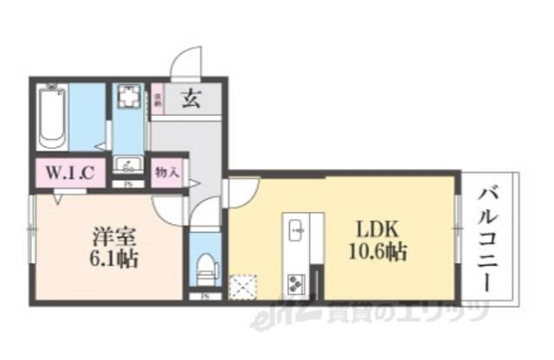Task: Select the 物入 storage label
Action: (x=165, y=170)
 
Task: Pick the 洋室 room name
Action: (x=111, y=235)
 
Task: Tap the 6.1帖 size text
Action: (x=112, y=259)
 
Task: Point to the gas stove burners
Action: (x=297, y=283)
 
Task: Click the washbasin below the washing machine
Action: (x=132, y=165)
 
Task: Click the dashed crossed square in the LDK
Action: (x=241, y=286)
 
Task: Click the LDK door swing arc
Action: (x=241, y=190)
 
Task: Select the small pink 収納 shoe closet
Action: (x=158, y=99)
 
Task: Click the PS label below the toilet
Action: (x=205, y=297)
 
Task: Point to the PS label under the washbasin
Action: (x=128, y=183)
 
